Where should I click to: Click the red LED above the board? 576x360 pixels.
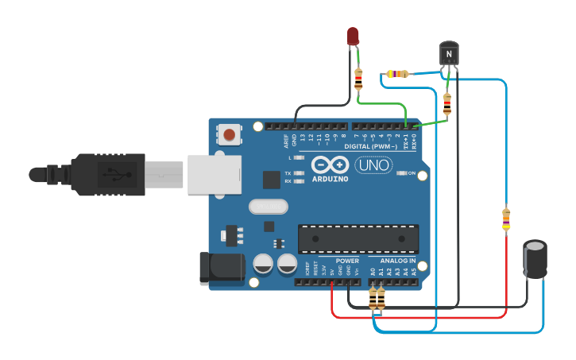tap(353, 37)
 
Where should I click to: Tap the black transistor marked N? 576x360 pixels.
tap(449, 53)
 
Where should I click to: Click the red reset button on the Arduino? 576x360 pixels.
tap(230, 134)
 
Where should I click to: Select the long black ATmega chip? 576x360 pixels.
tap(358, 238)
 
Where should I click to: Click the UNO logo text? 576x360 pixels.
tap(373, 165)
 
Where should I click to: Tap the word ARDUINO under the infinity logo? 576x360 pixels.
tap(330, 178)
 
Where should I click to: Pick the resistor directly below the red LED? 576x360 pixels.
tap(358, 78)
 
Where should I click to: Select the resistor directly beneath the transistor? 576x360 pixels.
tap(446, 103)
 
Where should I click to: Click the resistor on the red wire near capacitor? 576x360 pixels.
tap(506, 219)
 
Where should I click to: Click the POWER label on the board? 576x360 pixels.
tap(347, 261)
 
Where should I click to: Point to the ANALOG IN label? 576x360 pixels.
tap(396, 261)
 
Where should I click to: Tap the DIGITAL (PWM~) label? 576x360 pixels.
tap(374, 146)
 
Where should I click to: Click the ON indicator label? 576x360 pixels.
tap(412, 172)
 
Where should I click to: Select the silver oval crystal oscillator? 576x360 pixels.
tap(268, 207)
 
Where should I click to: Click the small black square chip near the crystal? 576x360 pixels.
tap(272, 180)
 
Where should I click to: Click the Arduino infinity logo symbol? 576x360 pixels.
tap(330, 165)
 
